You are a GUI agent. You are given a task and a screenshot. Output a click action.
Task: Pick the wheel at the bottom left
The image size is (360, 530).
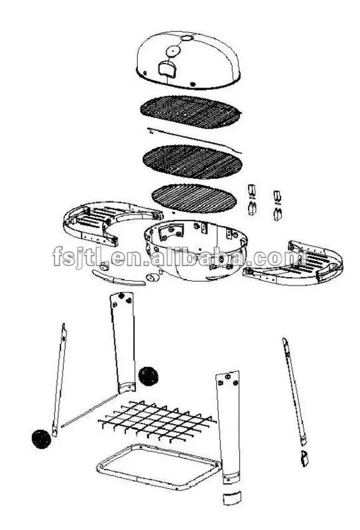click(x=41, y=438)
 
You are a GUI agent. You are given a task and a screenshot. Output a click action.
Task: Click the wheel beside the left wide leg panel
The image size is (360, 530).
click(x=149, y=377)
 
